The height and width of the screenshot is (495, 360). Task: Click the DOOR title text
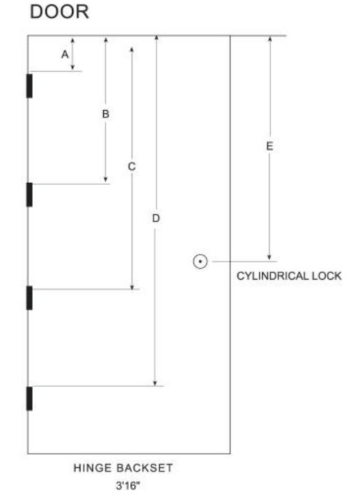pyautogui.click(x=59, y=11)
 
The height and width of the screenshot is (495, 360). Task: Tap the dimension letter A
pyautogui.click(x=65, y=54)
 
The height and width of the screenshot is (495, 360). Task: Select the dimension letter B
pyautogui.click(x=106, y=114)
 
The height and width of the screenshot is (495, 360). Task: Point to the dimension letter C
pyautogui.click(x=132, y=166)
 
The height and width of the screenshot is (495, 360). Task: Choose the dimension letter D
pyautogui.click(x=156, y=218)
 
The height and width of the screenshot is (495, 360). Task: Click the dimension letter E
pyautogui.click(x=270, y=147)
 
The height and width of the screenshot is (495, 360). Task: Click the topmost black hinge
pyautogui.click(x=29, y=86)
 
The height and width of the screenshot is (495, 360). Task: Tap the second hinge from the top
pyautogui.click(x=29, y=194)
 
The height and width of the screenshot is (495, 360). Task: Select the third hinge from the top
pyautogui.click(x=29, y=298)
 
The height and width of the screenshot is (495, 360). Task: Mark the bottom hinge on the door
pyautogui.click(x=29, y=398)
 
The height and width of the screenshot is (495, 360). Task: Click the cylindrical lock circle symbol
pyautogui.click(x=200, y=262)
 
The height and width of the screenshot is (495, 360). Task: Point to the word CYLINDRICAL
pyautogui.click(x=272, y=276)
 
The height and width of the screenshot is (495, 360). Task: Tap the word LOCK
pyautogui.click(x=327, y=276)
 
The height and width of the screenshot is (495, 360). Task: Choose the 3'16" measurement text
pyautogui.click(x=127, y=485)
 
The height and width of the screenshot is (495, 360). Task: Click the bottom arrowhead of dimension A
pyautogui.click(x=73, y=68)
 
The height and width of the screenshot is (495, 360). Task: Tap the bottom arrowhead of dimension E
pyautogui.click(x=270, y=257)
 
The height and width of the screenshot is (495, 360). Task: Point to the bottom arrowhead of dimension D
pyautogui.click(x=155, y=383)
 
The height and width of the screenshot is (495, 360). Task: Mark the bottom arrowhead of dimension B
pyautogui.click(x=106, y=180)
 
